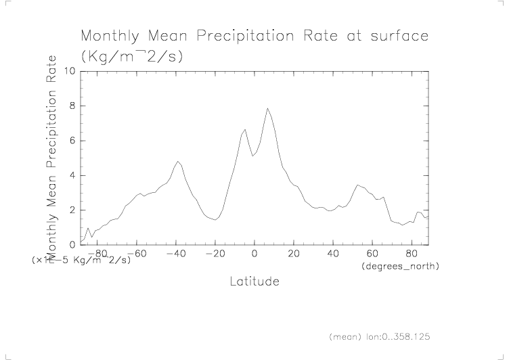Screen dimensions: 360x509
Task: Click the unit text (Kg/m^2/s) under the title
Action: [x=132, y=56]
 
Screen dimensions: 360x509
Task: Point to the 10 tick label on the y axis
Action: [x=70, y=71]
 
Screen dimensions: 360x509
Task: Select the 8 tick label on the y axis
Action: [x=72, y=106]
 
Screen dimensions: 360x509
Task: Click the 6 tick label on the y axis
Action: [x=72, y=141]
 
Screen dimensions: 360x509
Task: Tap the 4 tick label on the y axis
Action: [x=72, y=176]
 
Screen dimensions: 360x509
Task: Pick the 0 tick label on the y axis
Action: [x=72, y=245]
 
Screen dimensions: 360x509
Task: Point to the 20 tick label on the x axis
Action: [x=293, y=254]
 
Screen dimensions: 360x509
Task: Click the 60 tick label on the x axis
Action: [x=372, y=254]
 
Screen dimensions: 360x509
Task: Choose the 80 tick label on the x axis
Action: [x=411, y=254]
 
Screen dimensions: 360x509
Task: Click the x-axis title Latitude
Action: [x=254, y=281]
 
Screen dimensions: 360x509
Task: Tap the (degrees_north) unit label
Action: [x=400, y=267]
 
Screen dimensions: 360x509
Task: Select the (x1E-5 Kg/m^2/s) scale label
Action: [x=81, y=259]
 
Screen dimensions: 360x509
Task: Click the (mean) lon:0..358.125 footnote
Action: [x=380, y=336]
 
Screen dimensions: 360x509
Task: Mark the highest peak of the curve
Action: [x=267, y=108]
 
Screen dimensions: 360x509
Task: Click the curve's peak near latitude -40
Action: [x=177, y=161]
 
